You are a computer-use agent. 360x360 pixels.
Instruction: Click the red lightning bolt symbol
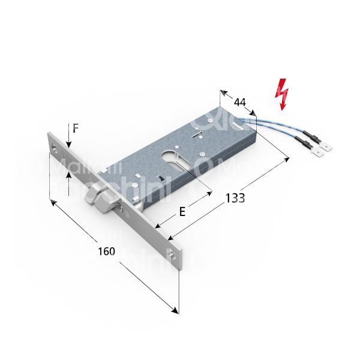point(282,95)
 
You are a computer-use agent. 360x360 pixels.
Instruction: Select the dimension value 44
point(240,102)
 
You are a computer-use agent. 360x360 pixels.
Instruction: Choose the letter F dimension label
point(76,128)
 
